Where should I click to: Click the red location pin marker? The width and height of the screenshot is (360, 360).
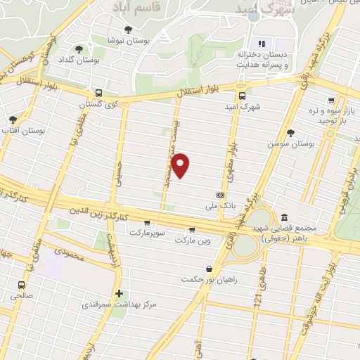tap(181, 165)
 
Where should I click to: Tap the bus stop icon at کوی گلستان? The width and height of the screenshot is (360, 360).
tap(98, 93)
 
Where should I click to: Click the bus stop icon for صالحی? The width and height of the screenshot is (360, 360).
tap(22, 285)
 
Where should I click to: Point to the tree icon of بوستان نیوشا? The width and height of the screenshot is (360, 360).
tap(127, 30)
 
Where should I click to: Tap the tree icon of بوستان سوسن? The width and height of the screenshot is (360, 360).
tap(290, 132)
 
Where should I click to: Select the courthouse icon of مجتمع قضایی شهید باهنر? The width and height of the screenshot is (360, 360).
tap(284, 217)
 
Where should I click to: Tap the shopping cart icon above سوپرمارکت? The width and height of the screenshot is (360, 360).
tap(146, 222)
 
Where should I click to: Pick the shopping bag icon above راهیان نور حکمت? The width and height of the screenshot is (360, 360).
tap(209, 269)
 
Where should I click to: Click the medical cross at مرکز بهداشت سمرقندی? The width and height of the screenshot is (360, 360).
tap(118, 294)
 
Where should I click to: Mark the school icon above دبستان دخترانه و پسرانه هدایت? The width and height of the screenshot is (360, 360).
tap(264, 44)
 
